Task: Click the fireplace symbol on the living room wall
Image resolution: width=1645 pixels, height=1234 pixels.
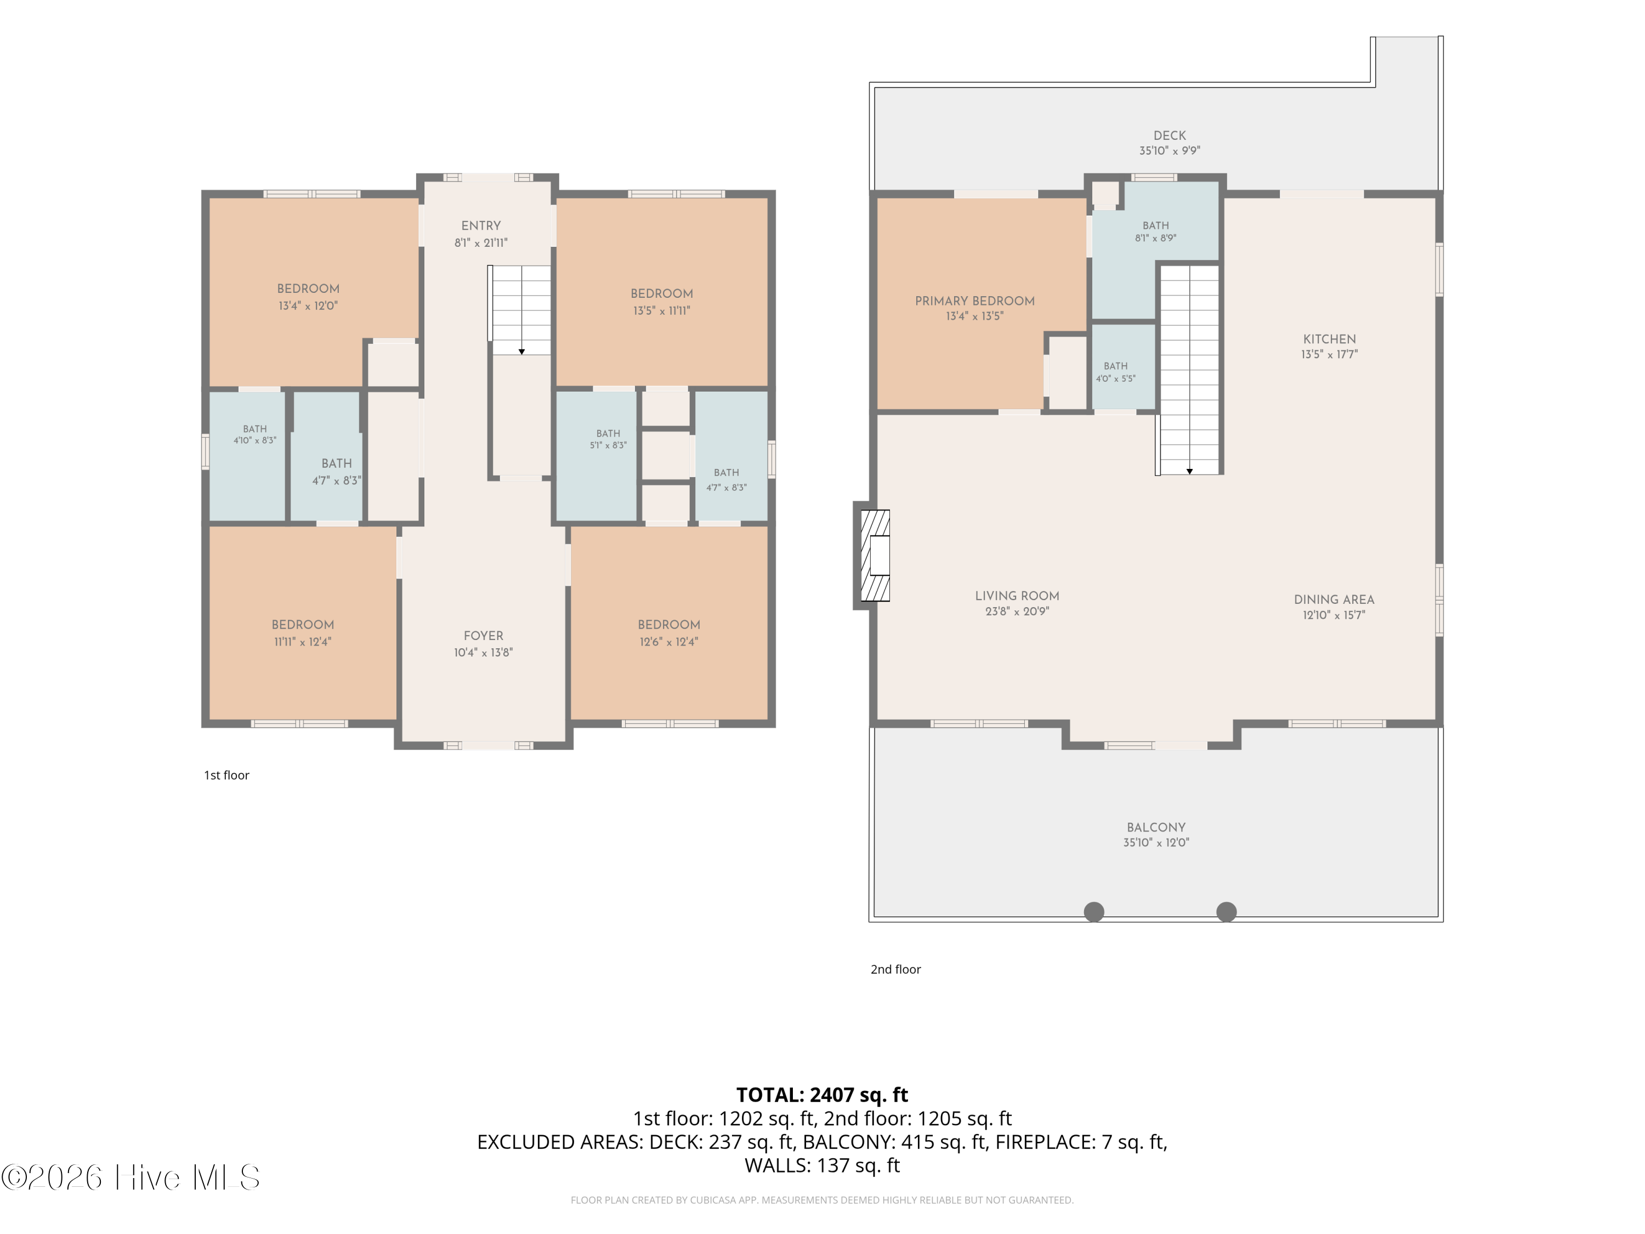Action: click(x=875, y=556)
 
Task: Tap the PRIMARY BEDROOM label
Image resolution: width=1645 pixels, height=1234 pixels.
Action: click(x=974, y=301)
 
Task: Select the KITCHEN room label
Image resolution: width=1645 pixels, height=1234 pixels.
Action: click(x=1329, y=339)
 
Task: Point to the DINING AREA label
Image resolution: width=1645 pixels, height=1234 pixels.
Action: click(x=1334, y=599)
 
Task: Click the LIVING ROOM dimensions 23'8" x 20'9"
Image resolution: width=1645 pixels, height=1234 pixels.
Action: click(x=1017, y=612)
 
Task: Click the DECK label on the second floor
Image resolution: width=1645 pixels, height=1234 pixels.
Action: click(x=1170, y=135)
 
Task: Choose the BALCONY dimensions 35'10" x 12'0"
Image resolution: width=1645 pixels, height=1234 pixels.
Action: click(x=1156, y=843)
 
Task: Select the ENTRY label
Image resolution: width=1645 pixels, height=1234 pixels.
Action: click(x=481, y=225)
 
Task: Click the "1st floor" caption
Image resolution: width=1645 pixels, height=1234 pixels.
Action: click(x=227, y=775)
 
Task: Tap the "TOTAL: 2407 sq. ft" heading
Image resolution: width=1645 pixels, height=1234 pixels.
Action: click(x=822, y=1095)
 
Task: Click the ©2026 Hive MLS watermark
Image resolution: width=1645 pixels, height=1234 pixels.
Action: click(x=131, y=1178)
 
